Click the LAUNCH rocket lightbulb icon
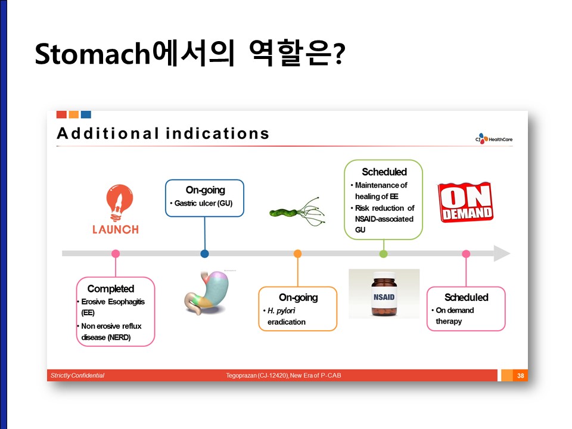[x=119, y=203]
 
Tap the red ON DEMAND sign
[x=466, y=202]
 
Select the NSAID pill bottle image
[x=384, y=294]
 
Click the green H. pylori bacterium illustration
[x=297, y=212]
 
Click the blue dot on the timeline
[x=204, y=254]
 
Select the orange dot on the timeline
[x=298, y=254]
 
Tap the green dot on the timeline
[x=383, y=254]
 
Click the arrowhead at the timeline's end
[x=502, y=254]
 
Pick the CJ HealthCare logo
[x=493, y=139]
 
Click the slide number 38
[x=521, y=375]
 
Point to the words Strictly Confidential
[x=77, y=375]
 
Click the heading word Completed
[x=111, y=288]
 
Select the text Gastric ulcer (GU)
[x=203, y=203]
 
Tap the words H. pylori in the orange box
[x=281, y=310]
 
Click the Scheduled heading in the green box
[x=384, y=172]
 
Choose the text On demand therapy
[x=455, y=316]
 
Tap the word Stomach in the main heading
[x=92, y=54]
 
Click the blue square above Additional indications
[x=86, y=114]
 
